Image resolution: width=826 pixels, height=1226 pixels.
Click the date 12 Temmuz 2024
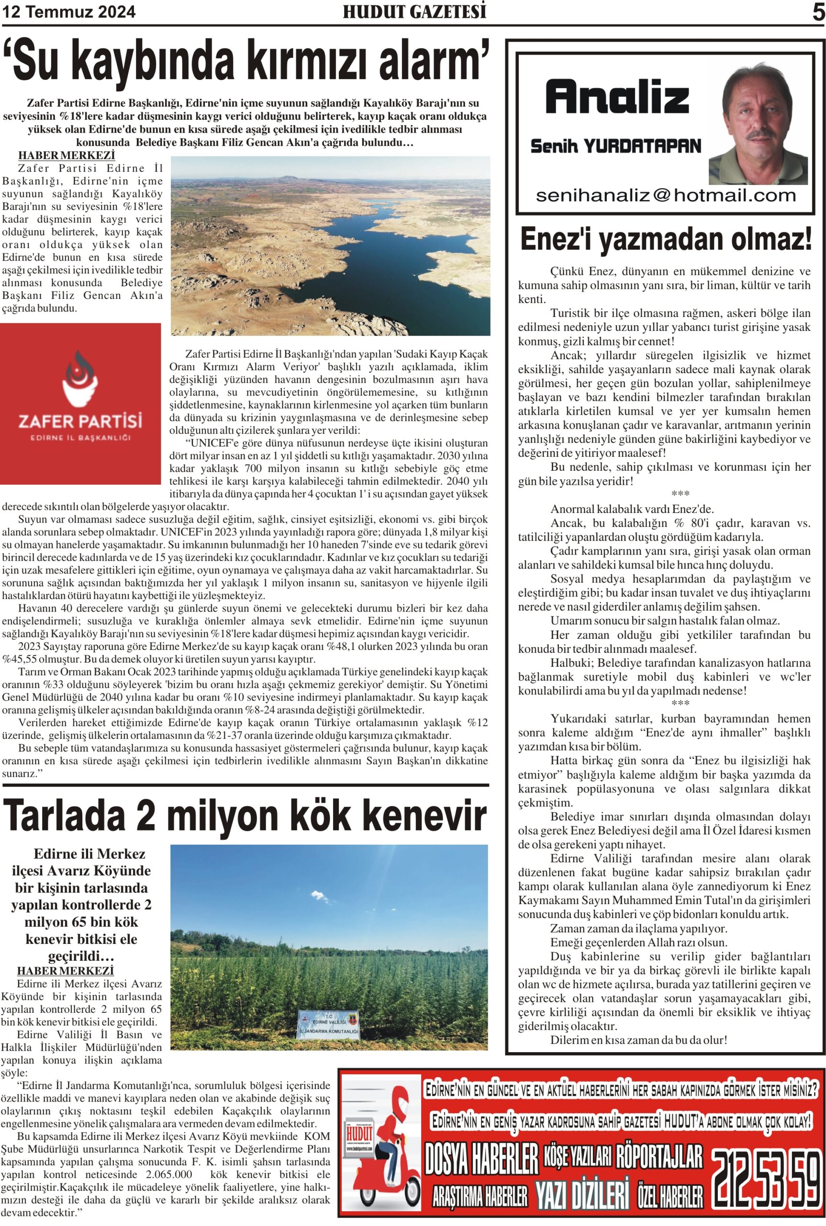click(x=68, y=12)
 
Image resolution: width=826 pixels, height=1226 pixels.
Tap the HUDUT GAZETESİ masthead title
click(x=414, y=12)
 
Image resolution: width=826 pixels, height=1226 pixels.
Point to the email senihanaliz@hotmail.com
click(x=665, y=195)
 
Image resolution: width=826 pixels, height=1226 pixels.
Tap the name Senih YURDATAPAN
click(x=615, y=146)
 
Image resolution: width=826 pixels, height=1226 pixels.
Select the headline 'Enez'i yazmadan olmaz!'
click(x=666, y=239)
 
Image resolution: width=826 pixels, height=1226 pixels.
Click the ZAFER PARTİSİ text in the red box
click(x=80, y=421)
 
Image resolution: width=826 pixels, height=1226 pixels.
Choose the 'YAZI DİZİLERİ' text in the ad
click(x=582, y=1194)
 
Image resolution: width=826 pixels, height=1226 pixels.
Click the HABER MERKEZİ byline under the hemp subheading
click(x=65, y=970)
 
